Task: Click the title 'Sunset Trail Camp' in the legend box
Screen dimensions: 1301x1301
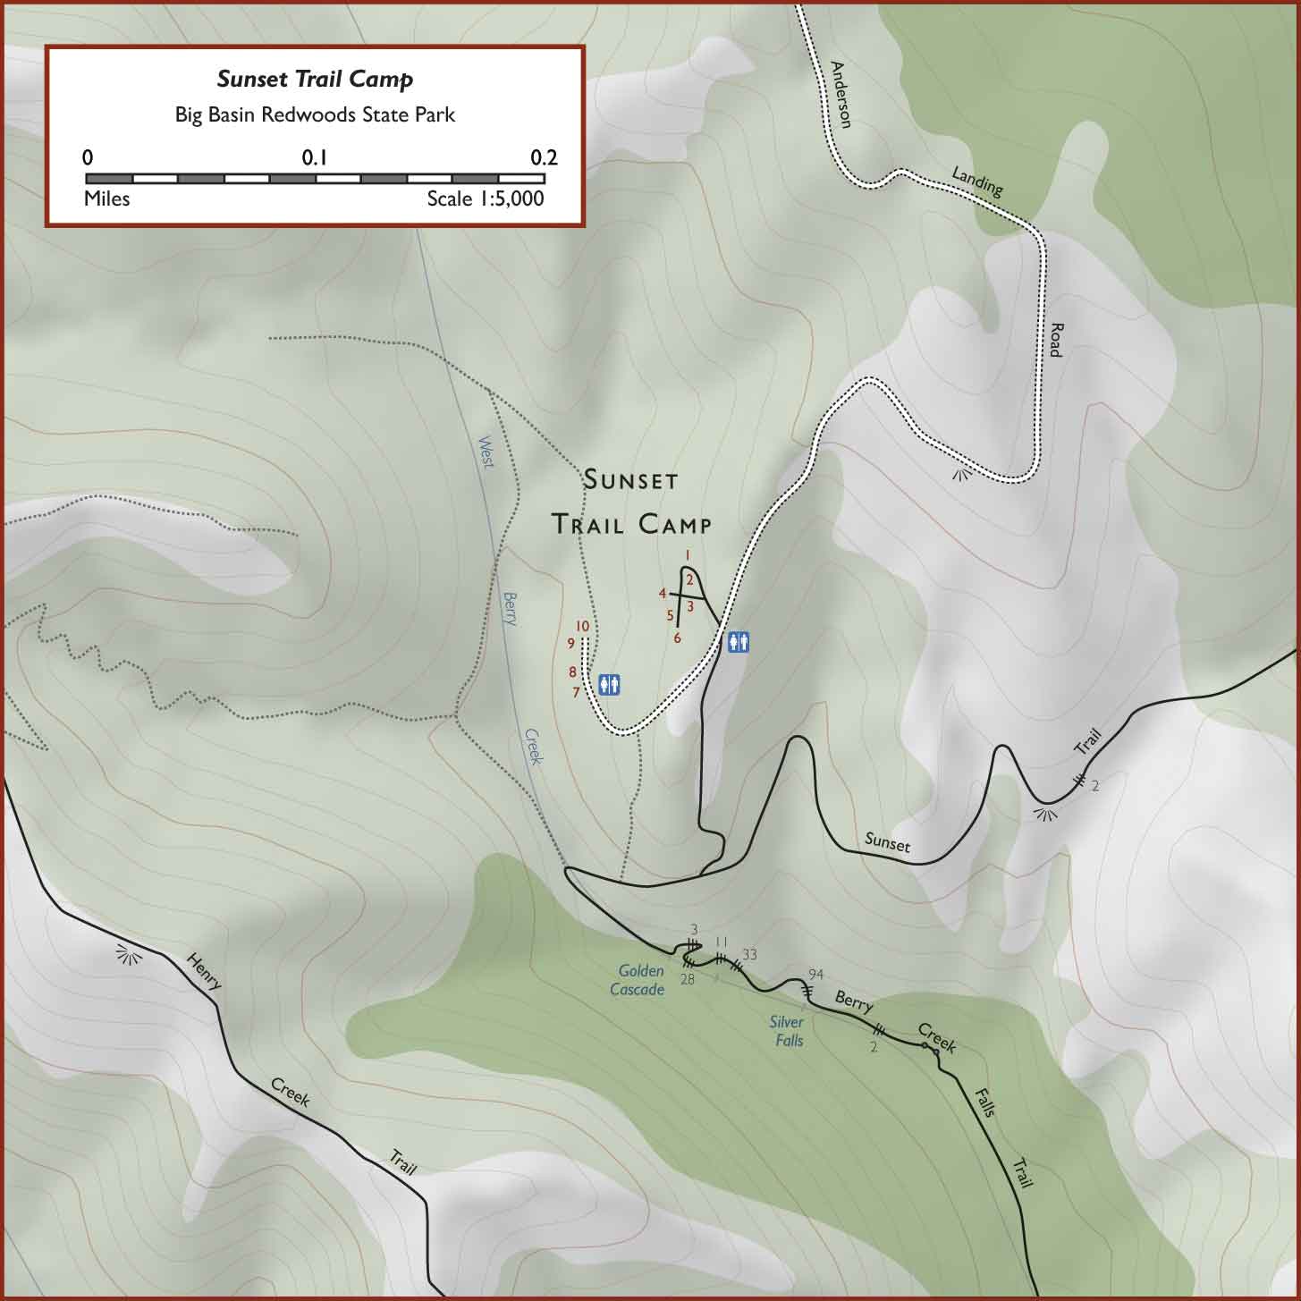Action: point(315,79)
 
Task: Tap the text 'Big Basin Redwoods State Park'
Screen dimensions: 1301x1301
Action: point(315,114)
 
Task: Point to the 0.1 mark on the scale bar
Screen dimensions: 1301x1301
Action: point(315,158)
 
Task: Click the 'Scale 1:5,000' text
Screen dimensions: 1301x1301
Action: point(485,199)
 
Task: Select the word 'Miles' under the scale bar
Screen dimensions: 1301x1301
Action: point(106,199)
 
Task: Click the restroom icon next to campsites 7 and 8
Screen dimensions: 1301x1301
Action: point(609,684)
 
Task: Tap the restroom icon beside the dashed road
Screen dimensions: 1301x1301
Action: point(738,641)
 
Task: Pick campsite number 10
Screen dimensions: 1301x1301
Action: point(582,626)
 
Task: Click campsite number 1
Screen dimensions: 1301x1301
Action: point(687,555)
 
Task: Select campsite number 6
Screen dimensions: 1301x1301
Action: point(678,638)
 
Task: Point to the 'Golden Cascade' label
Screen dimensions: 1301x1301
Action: point(638,980)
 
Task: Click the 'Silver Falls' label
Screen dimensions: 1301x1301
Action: point(787,1031)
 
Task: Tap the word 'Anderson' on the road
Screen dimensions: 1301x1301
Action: point(840,94)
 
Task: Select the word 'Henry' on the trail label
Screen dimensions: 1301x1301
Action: point(203,971)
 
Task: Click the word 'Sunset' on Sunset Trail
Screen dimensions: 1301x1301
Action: point(887,842)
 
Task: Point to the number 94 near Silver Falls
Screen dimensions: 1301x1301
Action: point(815,974)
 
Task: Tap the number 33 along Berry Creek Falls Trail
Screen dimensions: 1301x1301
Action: point(749,955)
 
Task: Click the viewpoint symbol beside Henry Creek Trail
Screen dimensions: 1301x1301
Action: point(130,955)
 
